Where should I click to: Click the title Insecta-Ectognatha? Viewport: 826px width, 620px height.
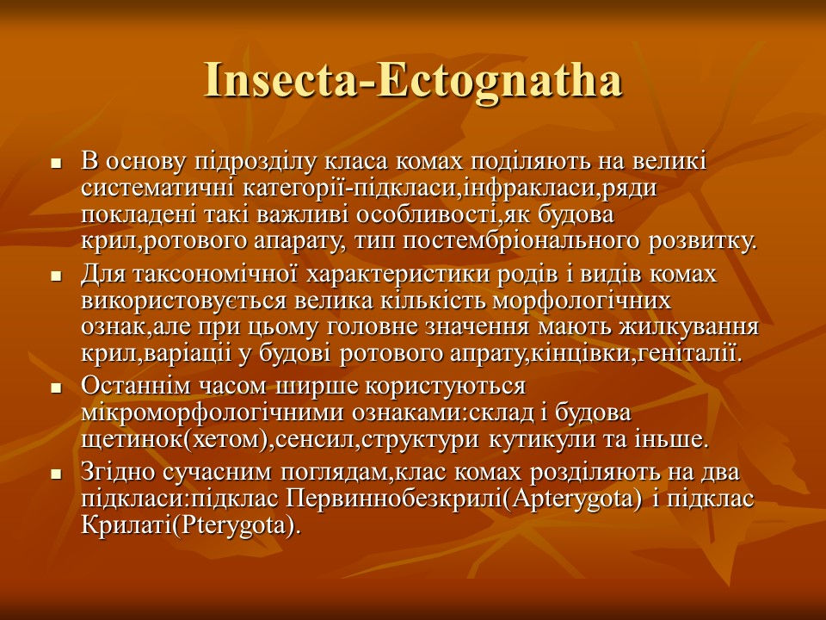[x=413, y=80]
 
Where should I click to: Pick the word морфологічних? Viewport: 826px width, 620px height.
[x=583, y=301]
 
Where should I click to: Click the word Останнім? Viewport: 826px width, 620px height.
[x=137, y=386]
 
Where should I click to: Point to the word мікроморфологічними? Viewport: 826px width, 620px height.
[x=213, y=412]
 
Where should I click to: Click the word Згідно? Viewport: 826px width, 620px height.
[x=118, y=472]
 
